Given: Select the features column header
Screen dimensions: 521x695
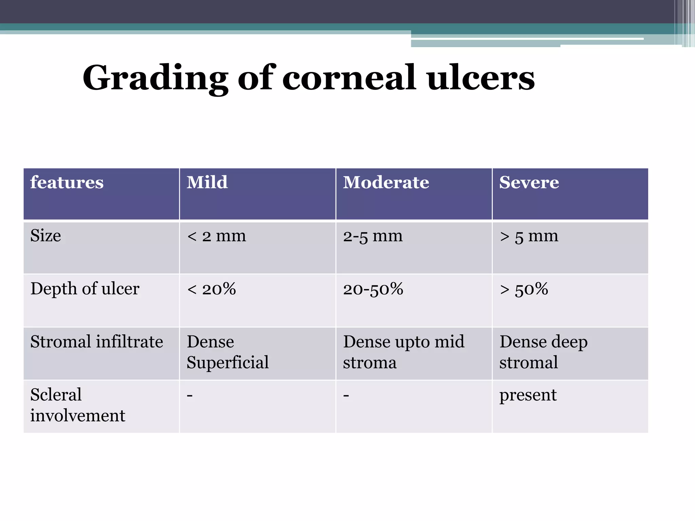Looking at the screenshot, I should click(67, 182).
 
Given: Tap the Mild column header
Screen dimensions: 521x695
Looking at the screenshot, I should click(207, 182).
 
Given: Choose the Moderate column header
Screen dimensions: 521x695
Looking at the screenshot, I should click(386, 182).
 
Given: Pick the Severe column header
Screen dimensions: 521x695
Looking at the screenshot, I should click(529, 182).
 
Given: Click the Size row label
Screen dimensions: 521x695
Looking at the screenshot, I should click(46, 236).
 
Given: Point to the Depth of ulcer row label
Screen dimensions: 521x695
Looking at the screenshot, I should click(85, 289).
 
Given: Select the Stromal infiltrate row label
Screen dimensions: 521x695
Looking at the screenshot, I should click(97, 342).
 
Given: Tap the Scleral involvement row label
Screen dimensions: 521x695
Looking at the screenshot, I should click(77, 405).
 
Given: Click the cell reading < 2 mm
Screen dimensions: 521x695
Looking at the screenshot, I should click(217, 236).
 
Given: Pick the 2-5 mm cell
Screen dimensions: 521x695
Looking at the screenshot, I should click(373, 236).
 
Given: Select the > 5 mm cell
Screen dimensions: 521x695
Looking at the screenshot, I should click(529, 236).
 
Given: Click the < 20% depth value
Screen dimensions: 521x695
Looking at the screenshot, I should click(211, 289).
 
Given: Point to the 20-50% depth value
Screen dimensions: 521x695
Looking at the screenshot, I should click(373, 289).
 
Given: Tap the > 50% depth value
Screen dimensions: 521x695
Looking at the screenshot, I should click(524, 289).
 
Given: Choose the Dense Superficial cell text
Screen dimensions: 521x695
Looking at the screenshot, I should click(227, 352).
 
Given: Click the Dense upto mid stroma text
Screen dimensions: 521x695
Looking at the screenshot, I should click(403, 352).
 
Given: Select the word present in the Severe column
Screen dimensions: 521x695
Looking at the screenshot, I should click(528, 395).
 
